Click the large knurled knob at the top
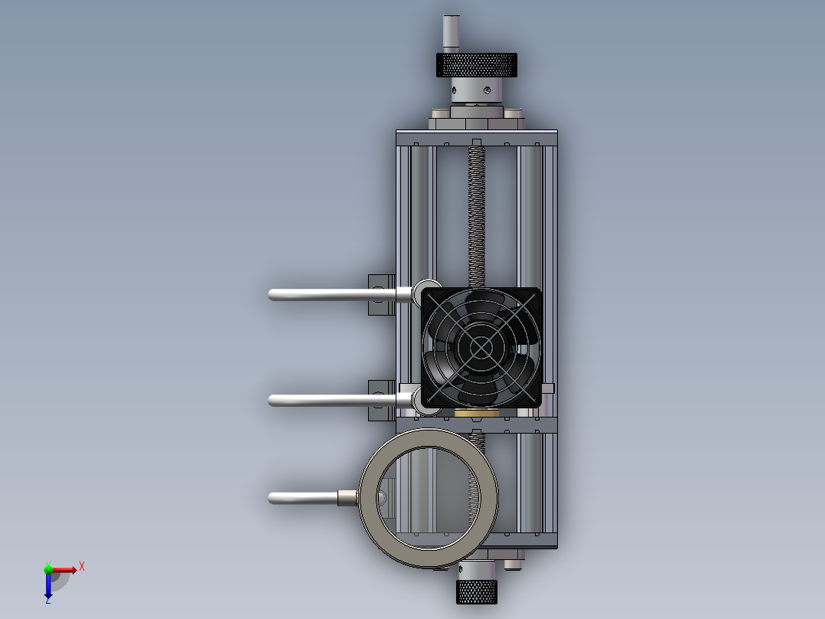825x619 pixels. [476, 65]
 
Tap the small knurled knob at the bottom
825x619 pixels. [476, 591]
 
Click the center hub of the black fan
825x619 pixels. [481, 346]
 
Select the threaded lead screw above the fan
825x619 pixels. [476, 216]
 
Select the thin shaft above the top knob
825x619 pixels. [451, 34]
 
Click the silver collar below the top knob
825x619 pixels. [476, 90]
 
